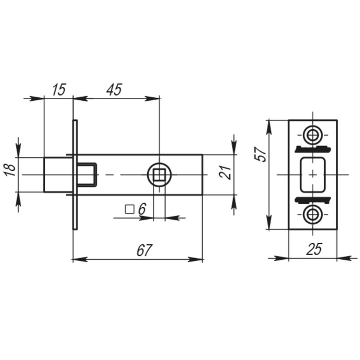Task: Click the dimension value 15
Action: [59, 89]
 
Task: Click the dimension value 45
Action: [114, 89]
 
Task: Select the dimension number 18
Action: [10, 169]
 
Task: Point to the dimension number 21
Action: [226, 172]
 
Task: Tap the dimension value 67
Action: [145, 250]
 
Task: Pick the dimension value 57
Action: [261, 154]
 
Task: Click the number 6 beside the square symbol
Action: [142, 209]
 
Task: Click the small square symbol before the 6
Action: [130, 209]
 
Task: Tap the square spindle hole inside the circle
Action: [159, 175]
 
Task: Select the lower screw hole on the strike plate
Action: [313, 214]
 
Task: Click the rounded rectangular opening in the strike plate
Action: [313, 175]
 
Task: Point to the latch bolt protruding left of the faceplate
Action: [58, 175]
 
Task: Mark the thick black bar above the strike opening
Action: [313, 149]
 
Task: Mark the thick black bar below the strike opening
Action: [313, 200]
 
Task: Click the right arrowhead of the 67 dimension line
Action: [195, 260]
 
